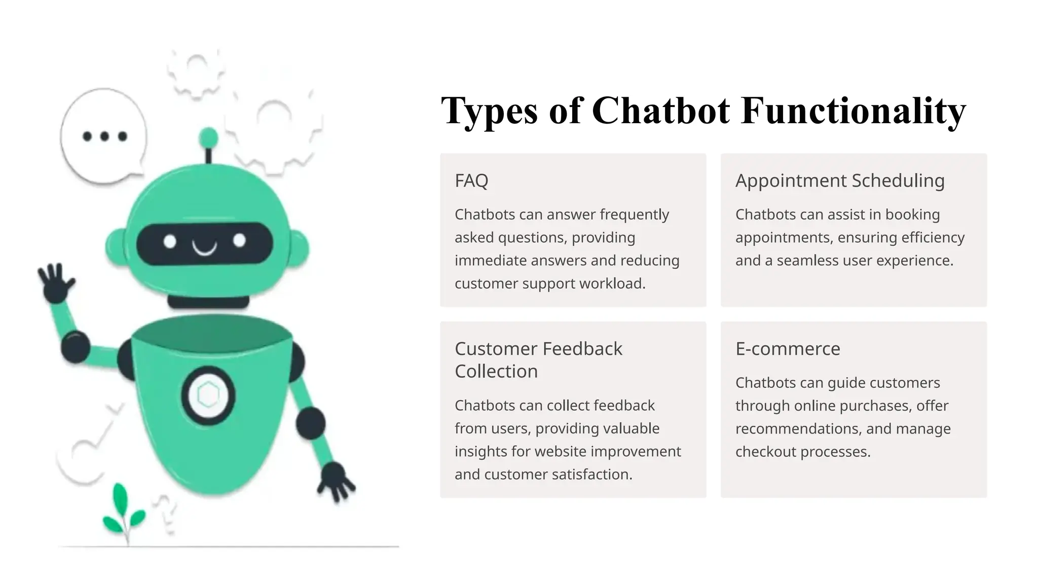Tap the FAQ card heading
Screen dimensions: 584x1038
click(471, 180)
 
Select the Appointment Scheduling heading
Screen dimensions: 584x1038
click(840, 180)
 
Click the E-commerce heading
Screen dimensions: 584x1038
click(788, 349)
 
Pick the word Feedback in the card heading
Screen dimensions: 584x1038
click(583, 349)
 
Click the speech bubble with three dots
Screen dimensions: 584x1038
click(104, 136)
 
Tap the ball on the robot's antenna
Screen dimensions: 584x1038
click(208, 137)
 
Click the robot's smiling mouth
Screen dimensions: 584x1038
click(204, 248)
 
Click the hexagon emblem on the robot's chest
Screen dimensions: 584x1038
click(208, 395)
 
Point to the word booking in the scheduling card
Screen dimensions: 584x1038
click(912, 214)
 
